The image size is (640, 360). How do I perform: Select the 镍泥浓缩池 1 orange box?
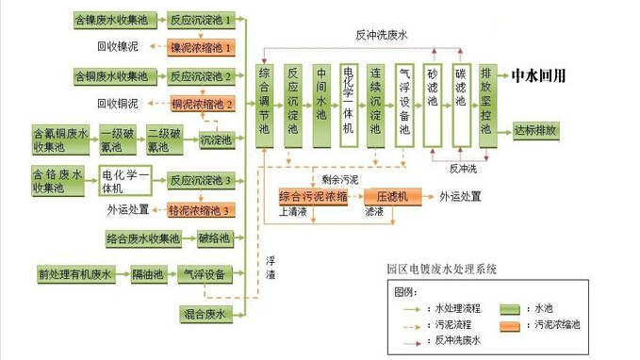pos(200,45)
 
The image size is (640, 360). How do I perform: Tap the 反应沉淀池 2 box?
pos(200,74)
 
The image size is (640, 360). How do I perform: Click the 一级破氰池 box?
pos(118,140)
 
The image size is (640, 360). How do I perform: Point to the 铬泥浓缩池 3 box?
pos(200,209)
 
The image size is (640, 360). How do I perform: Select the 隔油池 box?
pos(149,275)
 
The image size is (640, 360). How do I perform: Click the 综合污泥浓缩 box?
pos(313,196)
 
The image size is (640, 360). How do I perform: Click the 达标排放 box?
pos(535,131)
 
